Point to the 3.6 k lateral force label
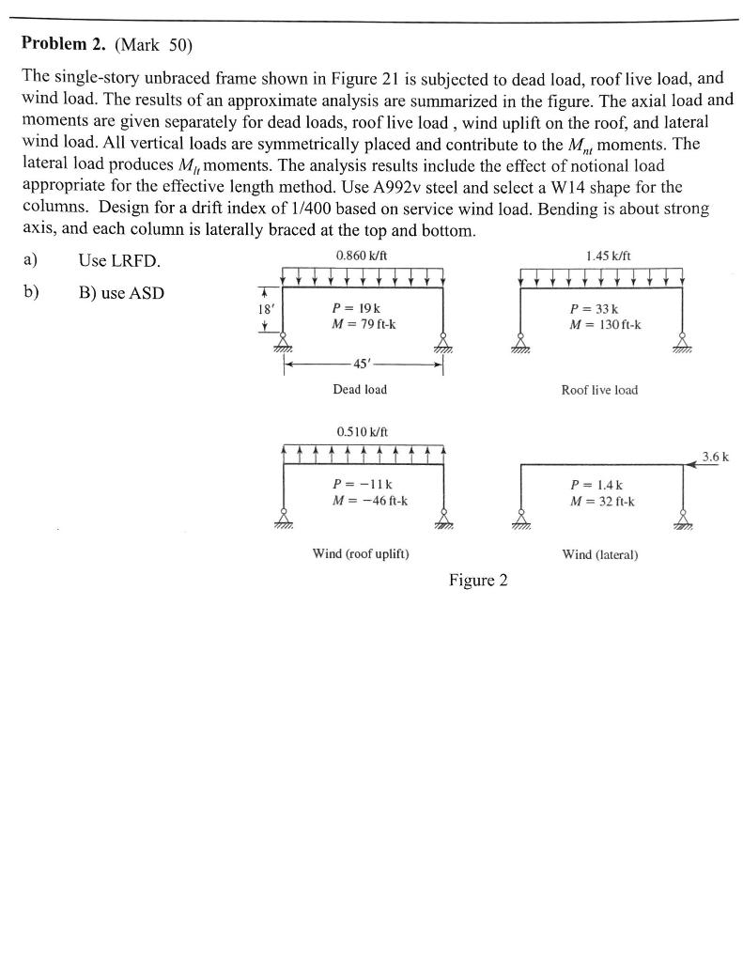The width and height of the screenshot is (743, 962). click(x=716, y=458)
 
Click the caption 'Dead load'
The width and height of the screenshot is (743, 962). click(x=360, y=389)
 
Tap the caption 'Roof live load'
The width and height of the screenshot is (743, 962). click(x=599, y=390)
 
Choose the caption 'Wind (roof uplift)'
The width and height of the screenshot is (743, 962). click(x=360, y=554)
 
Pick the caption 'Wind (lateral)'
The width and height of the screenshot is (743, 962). click(x=599, y=554)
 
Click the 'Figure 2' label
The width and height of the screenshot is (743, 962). click(x=478, y=580)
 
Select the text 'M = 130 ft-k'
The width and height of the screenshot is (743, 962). click(x=606, y=325)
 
